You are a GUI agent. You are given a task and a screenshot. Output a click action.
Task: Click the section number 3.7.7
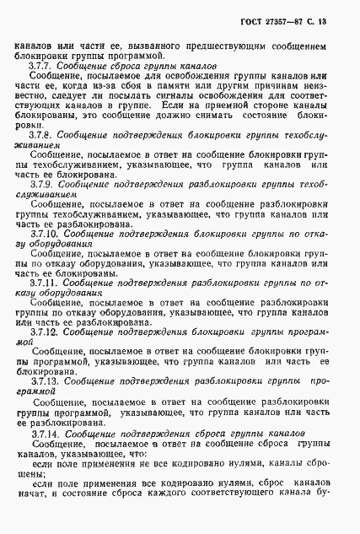tap(41, 65)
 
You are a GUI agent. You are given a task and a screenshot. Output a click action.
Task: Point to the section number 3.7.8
tap(41, 134)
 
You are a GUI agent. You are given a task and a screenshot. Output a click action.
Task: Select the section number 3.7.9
tap(42, 182)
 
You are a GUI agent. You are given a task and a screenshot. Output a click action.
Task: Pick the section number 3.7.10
tap(44, 230)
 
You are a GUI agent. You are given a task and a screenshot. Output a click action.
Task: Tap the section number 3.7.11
tap(44, 283)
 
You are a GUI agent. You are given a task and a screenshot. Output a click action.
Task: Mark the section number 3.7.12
tap(44, 333)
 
